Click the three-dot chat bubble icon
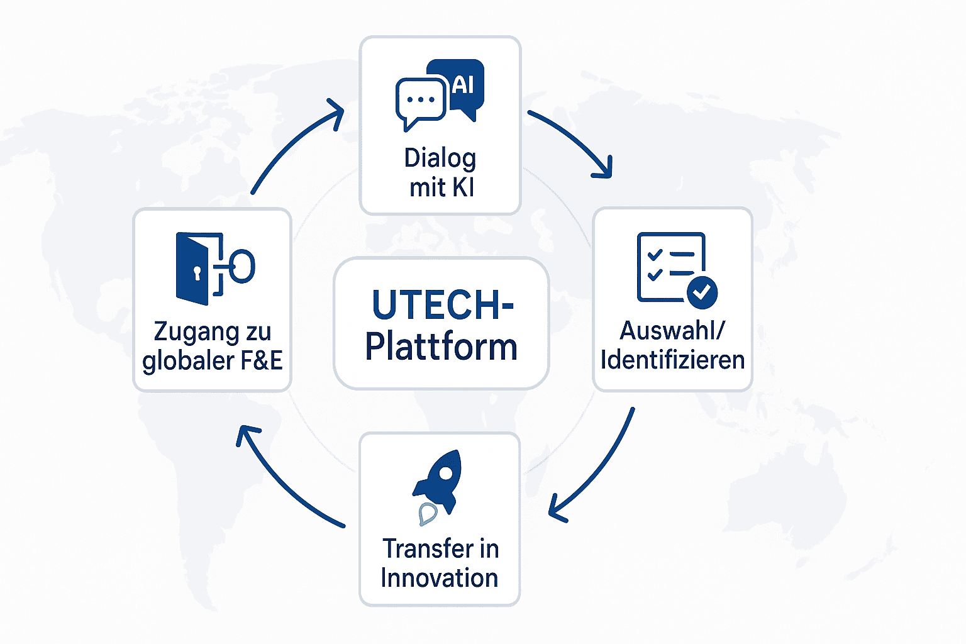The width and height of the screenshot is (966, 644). click(421, 103)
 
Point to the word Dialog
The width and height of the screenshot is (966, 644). click(440, 158)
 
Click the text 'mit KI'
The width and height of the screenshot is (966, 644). click(441, 188)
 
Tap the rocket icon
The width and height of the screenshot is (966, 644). click(437, 487)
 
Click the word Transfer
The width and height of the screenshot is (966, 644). click(422, 548)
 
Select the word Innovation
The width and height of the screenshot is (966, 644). click(440, 578)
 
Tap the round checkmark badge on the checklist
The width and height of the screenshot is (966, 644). click(702, 292)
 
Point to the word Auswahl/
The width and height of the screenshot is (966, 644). click(673, 331)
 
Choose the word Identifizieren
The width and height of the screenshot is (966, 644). click(673, 360)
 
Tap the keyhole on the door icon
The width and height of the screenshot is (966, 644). click(197, 274)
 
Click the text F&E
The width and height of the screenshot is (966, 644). click(262, 360)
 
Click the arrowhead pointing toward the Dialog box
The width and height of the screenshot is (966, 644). click(335, 114)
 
